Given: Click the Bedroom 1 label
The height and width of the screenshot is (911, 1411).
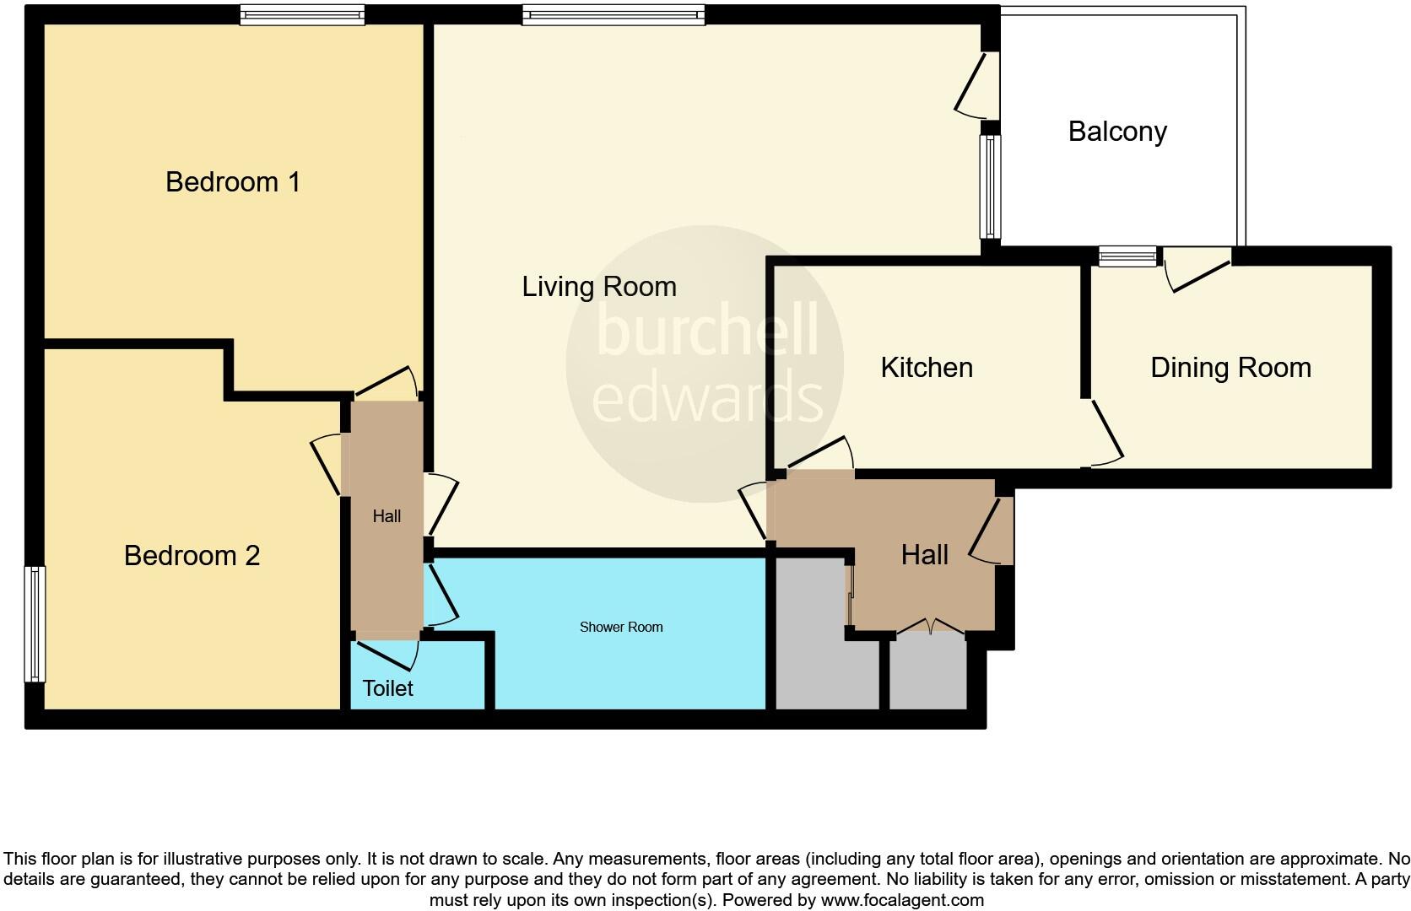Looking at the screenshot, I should click(233, 182).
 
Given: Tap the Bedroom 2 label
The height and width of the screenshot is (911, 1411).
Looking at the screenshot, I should click(192, 556).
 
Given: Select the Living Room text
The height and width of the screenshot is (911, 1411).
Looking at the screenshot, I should click(599, 287).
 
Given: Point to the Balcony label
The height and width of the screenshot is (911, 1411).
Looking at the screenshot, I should click(1117, 132).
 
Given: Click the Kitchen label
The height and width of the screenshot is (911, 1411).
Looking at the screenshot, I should click(927, 368).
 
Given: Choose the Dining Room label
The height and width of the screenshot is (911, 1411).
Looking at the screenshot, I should click(1230, 368).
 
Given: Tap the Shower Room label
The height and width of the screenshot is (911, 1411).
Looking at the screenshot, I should click(621, 627).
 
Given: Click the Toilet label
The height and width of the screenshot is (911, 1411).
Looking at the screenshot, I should click(387, 688).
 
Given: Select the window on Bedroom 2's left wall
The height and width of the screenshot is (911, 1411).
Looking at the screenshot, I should click(35, 623).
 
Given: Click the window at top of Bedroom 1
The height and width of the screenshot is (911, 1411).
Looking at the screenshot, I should click(301, 14).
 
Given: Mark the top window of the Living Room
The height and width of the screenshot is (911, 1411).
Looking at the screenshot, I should click(613, 14).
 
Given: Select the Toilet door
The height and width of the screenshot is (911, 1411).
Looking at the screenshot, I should click(388, 652).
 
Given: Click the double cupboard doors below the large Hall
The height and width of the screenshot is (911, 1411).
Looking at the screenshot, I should click(930, 627).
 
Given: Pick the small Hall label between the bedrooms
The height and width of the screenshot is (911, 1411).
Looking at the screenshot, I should click(387, 516).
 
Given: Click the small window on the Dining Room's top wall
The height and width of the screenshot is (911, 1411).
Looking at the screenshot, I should click(1127, 256).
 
